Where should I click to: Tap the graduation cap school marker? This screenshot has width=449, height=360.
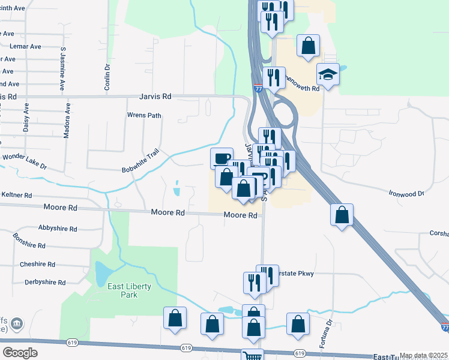click(x=328, y=74)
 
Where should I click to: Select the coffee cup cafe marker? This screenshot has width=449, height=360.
click(x=221, y=158)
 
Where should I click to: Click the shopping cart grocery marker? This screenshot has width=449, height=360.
click(x=253, y=356)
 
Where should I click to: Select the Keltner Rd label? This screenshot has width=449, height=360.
click(x=16, y=196)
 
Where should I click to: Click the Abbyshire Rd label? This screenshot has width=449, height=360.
click(x=57, y=229)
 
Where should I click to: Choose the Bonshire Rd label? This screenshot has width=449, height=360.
click(x=29, y=241)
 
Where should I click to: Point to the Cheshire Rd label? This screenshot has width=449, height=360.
click(x=37, y=264)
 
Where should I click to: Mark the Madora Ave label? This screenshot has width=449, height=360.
click(x=67, y=121)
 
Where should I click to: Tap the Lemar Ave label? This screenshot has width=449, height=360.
click(x=25, y=46)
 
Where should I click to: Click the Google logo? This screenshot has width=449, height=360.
click(x=20, y=353)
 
